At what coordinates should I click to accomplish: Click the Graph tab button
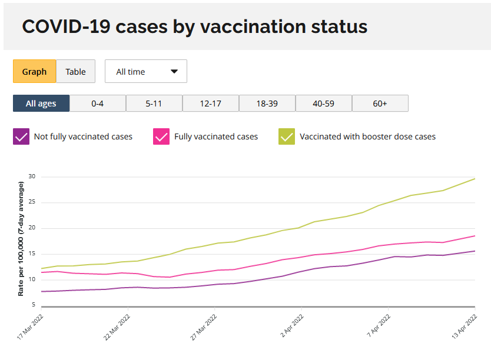coord(35,71)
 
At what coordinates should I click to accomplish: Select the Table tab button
coord(75,71)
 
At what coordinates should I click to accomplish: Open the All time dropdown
coord(146,71)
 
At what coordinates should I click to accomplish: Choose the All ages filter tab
coord(41,103)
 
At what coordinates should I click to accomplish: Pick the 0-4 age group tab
coord(98,103)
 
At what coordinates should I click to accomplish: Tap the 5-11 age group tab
coord(154,103)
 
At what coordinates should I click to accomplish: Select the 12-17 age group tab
coord(211,103)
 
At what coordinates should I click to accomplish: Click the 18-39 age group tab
coord(267,103)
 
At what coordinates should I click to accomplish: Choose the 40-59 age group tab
coord(324,103)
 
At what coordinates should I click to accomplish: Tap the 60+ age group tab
coord(380,103)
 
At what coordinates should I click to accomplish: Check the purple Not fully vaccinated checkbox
coord(21,136)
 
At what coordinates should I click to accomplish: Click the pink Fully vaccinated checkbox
coord(161,136)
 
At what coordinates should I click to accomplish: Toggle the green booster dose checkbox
coord(287,136)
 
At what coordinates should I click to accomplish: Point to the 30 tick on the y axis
coord(32,176)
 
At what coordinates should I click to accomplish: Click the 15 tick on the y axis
coord(32,254)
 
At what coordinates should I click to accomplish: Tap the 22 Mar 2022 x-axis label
coord(117,327)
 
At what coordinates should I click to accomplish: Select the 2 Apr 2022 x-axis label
coord(292,326)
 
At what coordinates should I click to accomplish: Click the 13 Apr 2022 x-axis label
coord(464,326)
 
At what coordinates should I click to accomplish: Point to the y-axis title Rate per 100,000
coord(21,239)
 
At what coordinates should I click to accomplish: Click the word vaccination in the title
coord(253,26)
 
